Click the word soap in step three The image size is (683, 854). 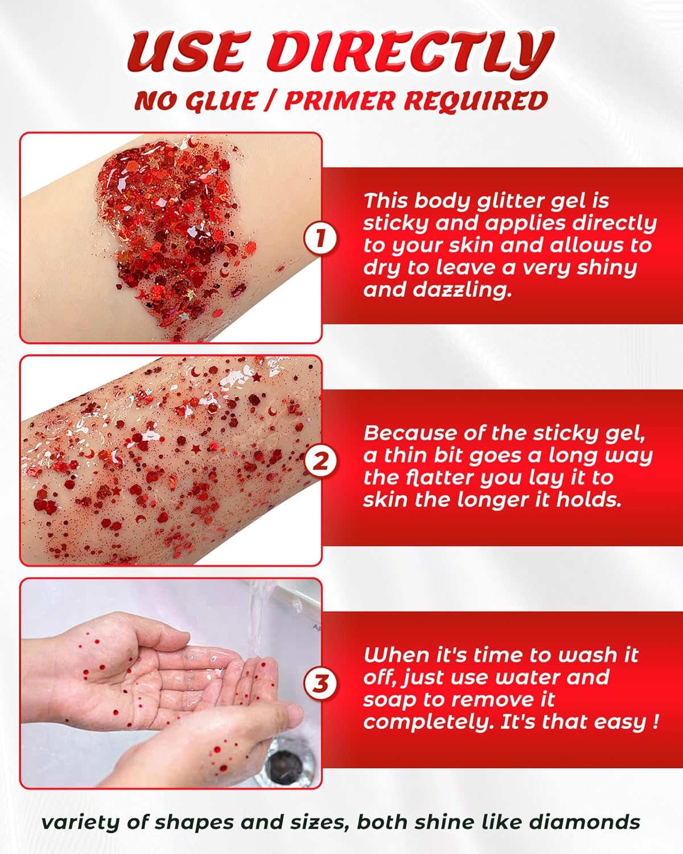(x=386, y=700)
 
